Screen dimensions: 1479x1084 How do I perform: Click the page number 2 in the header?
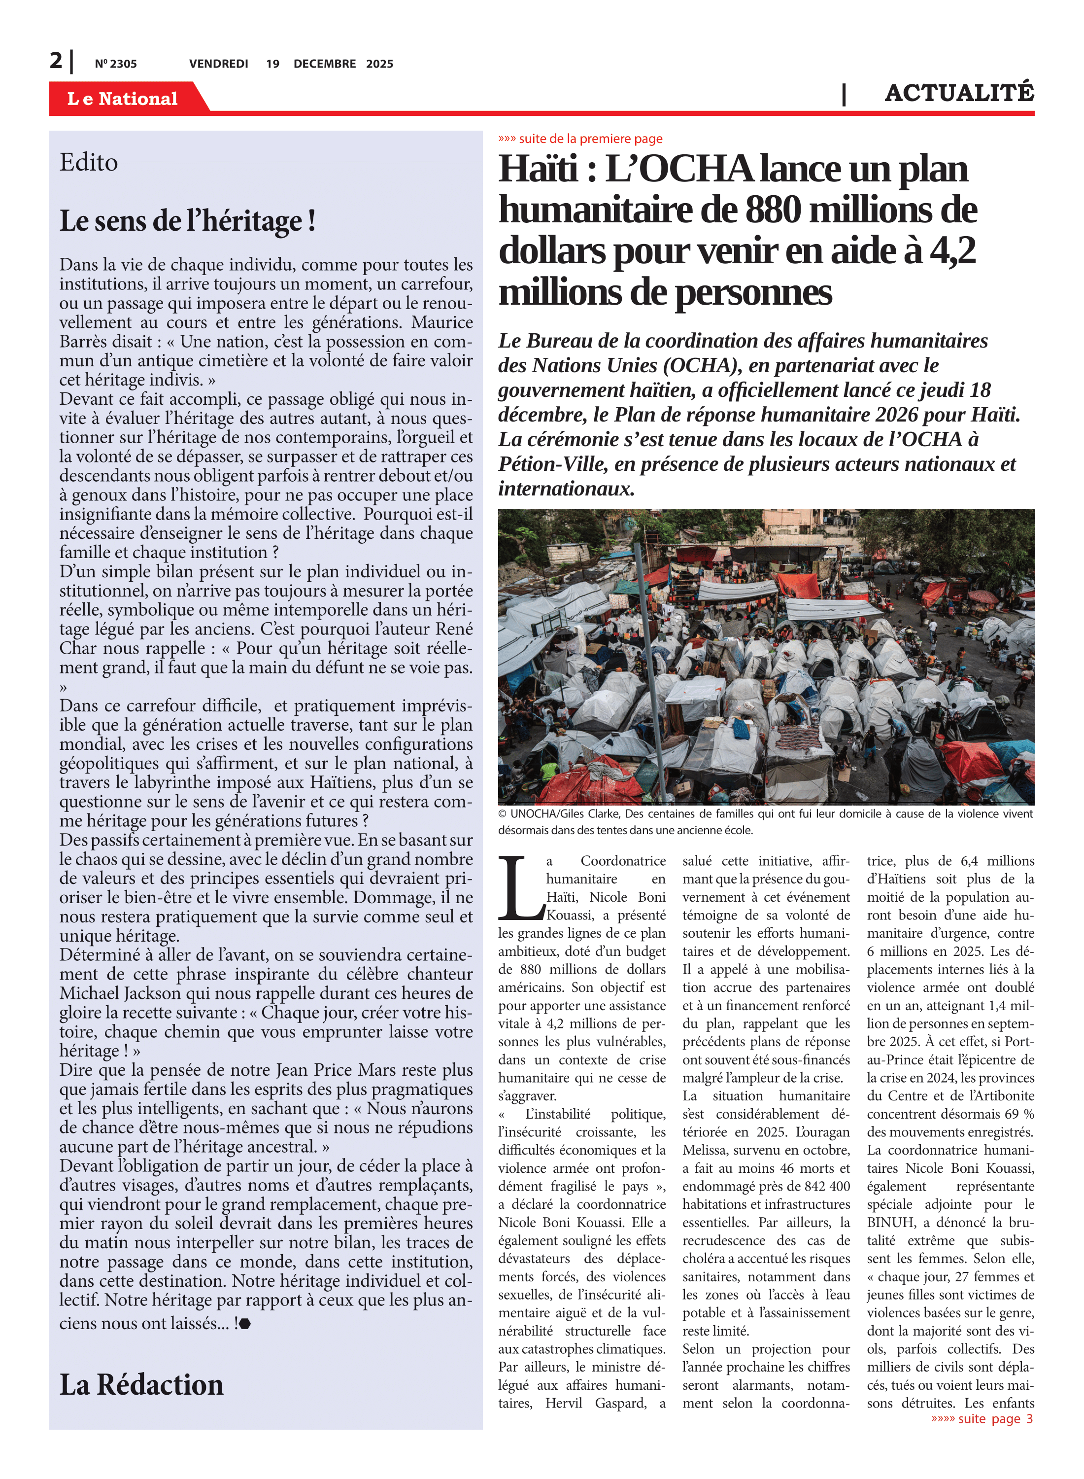coord(57,61)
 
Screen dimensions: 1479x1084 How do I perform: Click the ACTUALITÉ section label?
coord(959,93)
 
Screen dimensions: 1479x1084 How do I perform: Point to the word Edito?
coord(89,163)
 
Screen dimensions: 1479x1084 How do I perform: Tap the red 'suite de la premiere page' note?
coord(581,139)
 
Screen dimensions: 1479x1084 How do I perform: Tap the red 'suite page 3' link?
coord(982,1418)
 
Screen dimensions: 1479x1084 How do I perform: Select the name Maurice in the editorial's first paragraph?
coord(442,322)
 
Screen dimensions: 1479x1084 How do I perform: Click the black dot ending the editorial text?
coord(245,1324)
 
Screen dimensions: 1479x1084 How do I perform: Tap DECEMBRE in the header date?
coord(324,64)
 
